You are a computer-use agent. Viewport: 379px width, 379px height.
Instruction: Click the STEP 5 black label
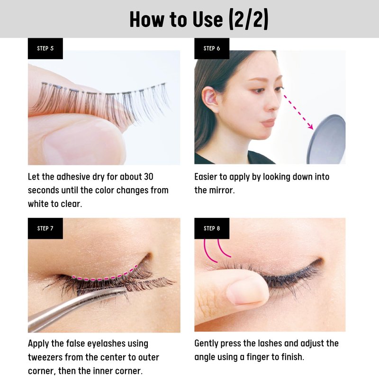pyautogui.click(x=45, y=48)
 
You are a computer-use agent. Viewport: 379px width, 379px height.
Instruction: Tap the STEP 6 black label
pyautogui.click(x=212, y=48)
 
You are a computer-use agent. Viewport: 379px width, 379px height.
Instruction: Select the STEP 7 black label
pyautogui.click(x=45, y=228)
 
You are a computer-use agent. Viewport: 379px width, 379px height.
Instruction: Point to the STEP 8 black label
pyautogui.click(x=212, y=228)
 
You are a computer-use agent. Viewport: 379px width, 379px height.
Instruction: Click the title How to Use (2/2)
pyautogui.click(x=199, y=19)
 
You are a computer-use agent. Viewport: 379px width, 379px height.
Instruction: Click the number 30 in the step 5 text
pyautogui.click(x=148, y=177)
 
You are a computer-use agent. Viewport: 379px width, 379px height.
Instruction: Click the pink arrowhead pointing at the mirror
pyautogui.click(x=310, y=126)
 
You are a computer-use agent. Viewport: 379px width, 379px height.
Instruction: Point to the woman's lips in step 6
pyautogui.click(x=269, y=122)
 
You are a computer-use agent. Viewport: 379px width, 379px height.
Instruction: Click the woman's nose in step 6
pyautogui.click(x=275, y=101)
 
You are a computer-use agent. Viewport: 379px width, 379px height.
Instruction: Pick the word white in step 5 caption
pyautogui.click(x=38, y=204)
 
